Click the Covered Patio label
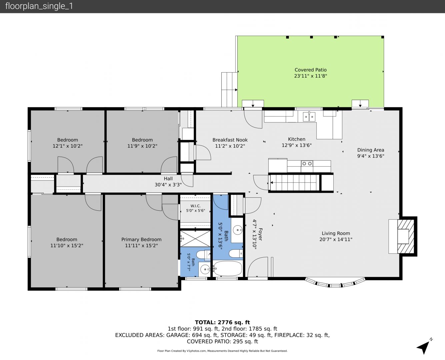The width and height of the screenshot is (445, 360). click(310, 70)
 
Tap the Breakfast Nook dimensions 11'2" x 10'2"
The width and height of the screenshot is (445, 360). click(230, 146)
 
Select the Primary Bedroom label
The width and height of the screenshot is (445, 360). click(141, 239)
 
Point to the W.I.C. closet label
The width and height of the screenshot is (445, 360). click(195, 206)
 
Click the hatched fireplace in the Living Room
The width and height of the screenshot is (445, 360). click(405, 236)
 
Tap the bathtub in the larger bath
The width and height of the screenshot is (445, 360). click(228, 268)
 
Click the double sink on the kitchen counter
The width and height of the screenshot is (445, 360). click(309, 117)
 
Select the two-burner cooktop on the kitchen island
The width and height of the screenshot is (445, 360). click(307, 164)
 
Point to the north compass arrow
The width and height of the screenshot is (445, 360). click(424, 347)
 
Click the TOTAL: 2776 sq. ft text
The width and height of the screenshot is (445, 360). click(222, 322)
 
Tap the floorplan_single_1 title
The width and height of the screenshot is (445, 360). click(39, 6)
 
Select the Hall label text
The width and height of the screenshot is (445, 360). click(168, 179)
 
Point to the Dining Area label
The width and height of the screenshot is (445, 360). click(371, 150)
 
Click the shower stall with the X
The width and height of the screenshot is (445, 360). click(195, 239)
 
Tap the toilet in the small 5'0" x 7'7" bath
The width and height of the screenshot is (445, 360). click(204, 255)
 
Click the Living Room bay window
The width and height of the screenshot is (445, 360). click(335, 282)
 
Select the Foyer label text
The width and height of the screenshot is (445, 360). click(260, 234)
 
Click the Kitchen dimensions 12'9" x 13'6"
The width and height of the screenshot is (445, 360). click(297, 145)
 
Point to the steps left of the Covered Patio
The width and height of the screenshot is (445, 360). click(229, 90)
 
